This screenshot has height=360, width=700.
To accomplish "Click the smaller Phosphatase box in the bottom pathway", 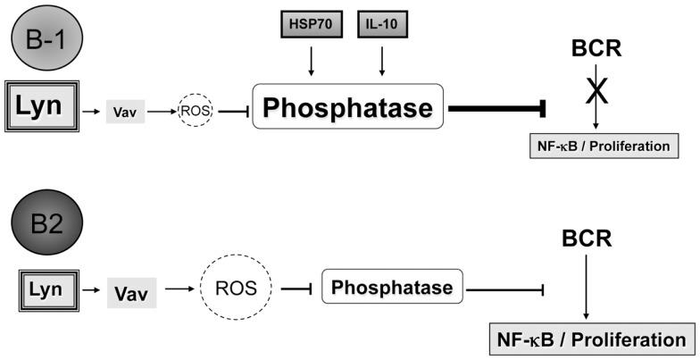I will point(392,289).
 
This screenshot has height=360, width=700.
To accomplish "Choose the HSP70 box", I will point(310,24).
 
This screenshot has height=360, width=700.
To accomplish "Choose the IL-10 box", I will point(383,24).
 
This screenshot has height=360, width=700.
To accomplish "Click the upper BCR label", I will point(596,46).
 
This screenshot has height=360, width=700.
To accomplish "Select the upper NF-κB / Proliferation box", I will point(599,146).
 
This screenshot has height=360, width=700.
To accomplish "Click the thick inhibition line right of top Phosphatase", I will point(496,108).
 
